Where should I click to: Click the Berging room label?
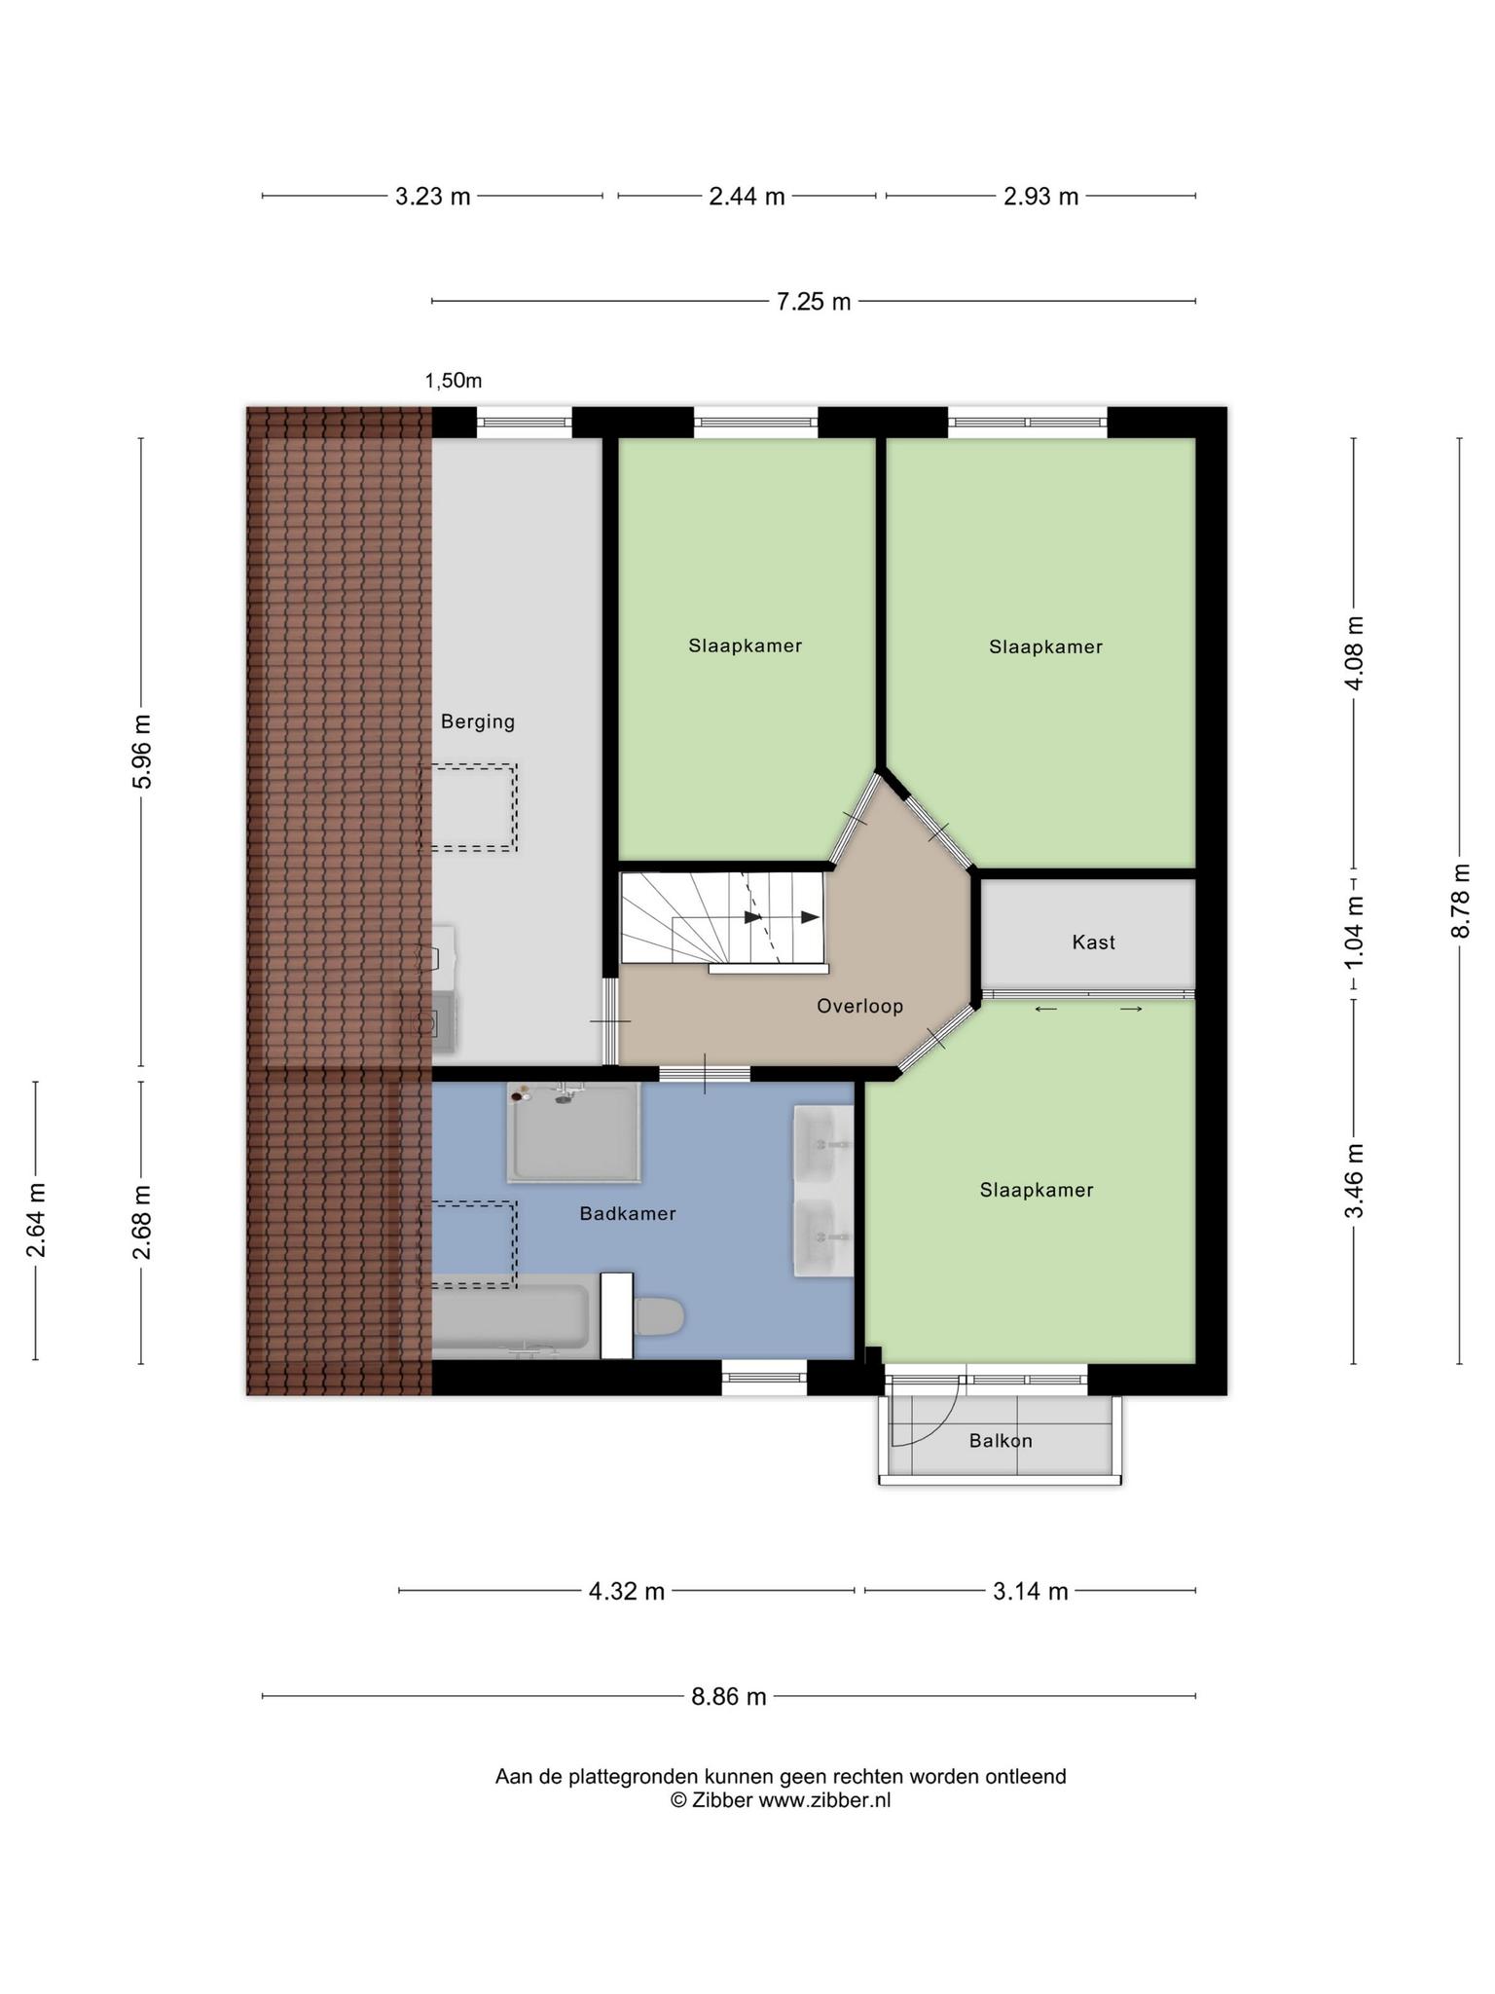pos(477,721)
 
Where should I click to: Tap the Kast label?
pos(1093,942)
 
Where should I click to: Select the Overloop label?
pos(859,1006)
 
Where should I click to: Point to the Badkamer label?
pos(627,1213)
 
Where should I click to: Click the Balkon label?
pos(1001,1440)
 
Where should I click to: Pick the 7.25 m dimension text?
pos(813,302)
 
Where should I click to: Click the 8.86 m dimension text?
pos(729,1697)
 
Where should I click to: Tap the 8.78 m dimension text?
pos(1460,901)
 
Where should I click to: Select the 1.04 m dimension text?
pos(1354,932)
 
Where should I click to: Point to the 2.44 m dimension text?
pos(747,197)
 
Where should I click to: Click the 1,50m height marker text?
pos(454,381)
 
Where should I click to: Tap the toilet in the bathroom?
pos(657,1316)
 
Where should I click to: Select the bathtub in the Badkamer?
pos(511,1315)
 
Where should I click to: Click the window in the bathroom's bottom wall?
pos(764,1378)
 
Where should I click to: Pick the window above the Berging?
pos(524,423)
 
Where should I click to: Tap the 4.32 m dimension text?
pos(627,1592)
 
